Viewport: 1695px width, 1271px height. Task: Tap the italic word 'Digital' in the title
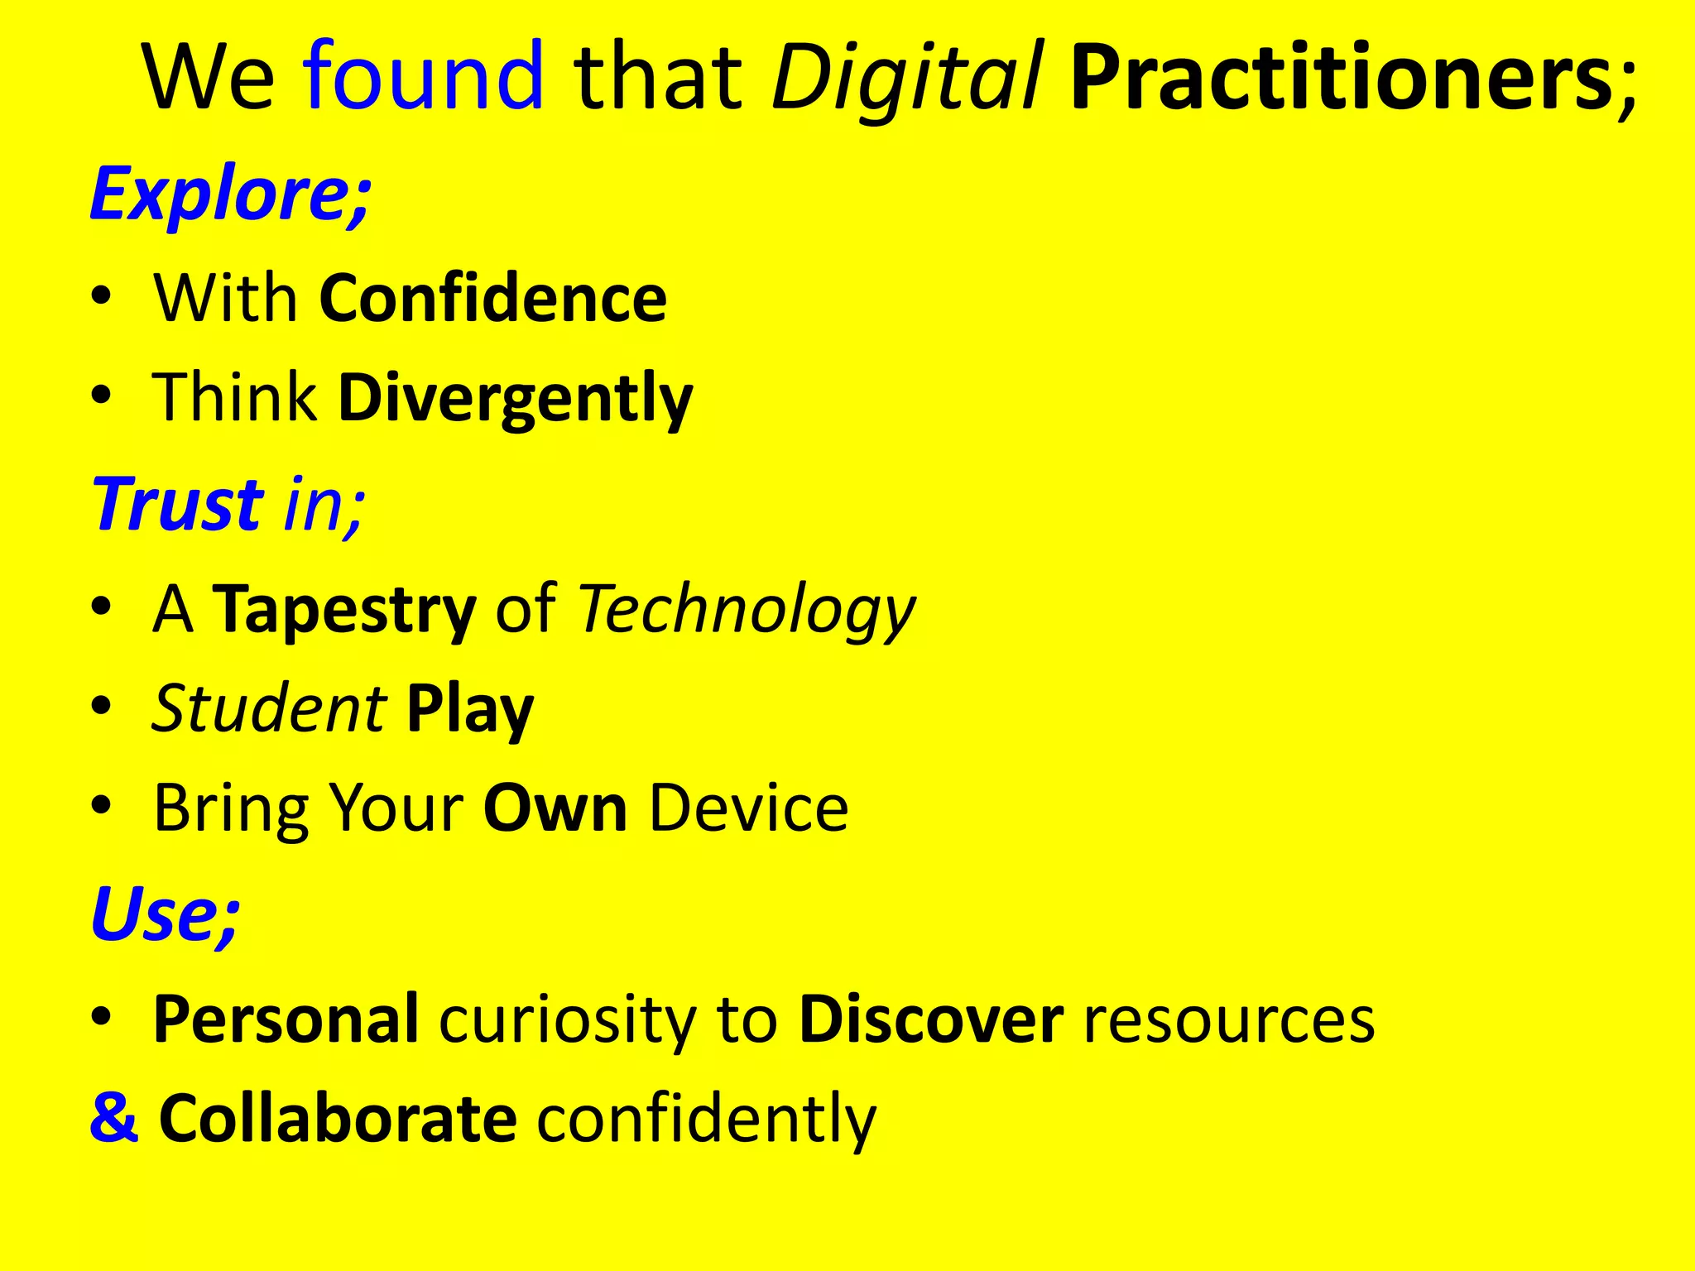click(906, 79)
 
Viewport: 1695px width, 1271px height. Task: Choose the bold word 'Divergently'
click(515, 399)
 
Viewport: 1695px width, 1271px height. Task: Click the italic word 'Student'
click(268, 708)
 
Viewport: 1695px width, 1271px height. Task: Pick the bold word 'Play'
click(469, 710)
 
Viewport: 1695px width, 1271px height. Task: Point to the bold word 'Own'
click(555, 808)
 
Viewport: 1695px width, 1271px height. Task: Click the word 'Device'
click(748, 808)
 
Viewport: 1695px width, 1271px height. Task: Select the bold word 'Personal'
click(286, 1019)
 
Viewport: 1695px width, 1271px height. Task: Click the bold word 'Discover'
click(931, 1019)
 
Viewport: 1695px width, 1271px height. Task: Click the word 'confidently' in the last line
click(706, 1119)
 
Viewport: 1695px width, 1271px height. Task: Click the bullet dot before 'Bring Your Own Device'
click(101, 805)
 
